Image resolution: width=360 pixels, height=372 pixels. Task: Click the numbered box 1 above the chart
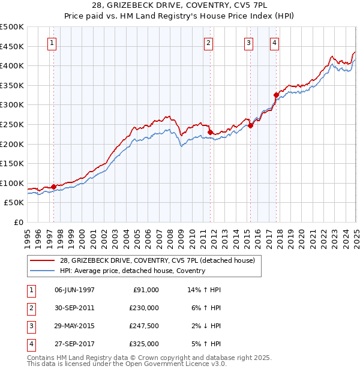tap(53, 43)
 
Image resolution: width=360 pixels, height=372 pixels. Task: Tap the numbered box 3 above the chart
tap(248, 43)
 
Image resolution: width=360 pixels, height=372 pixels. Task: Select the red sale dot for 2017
tap(276, 95)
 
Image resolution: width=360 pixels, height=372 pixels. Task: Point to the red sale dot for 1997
tap(53, 187)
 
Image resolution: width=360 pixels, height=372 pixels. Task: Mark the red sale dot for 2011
tap(211, 132)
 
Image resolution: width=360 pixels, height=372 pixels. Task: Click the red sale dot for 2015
tap(250, 125)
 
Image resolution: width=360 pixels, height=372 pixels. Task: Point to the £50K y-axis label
tap(14, 203)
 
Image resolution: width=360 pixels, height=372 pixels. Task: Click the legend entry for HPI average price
tap(133, 271)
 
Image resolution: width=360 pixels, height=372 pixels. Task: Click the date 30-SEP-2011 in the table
tap(74, 308)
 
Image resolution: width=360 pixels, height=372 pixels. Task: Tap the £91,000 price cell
tap(146, 290)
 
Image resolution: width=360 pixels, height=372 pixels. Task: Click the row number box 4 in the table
tap(31, 344)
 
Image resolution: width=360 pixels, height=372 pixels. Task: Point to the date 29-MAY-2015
tap(74, 326)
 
